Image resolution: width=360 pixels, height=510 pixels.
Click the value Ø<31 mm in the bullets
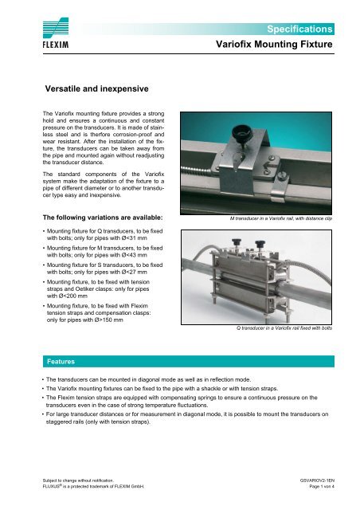(129, 238)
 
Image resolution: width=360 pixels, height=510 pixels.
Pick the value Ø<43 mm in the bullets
(129, 260)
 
